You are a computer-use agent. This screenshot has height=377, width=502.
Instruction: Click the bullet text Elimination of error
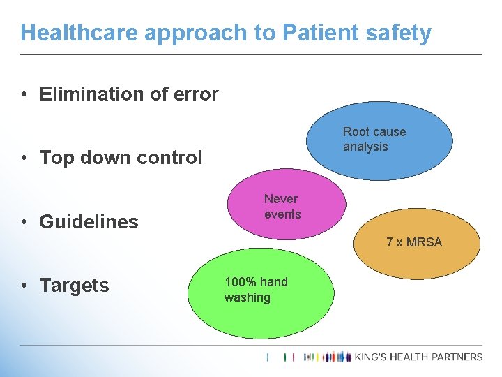[x=129, y=94]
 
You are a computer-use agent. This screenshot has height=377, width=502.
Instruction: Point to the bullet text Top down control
[x=121, y=158]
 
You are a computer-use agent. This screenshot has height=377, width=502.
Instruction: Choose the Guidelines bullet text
[x=89, y=222]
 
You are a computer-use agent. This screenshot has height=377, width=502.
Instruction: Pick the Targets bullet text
[x=75, y=286]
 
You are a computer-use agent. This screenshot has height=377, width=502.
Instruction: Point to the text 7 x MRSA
[x=414, y=242]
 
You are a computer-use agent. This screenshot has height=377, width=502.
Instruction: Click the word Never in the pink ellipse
[x=281, y=199]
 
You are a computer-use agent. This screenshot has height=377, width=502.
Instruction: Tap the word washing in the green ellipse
[x=247, y=298]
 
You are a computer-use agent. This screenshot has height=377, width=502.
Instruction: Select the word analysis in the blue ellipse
[x=365, y=147]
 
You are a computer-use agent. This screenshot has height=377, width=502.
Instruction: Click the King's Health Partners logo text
[x=418, y=357]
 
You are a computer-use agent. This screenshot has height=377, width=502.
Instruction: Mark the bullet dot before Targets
[x=24, y=286]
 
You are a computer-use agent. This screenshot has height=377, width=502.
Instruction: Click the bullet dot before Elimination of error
[x=24, y=94]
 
